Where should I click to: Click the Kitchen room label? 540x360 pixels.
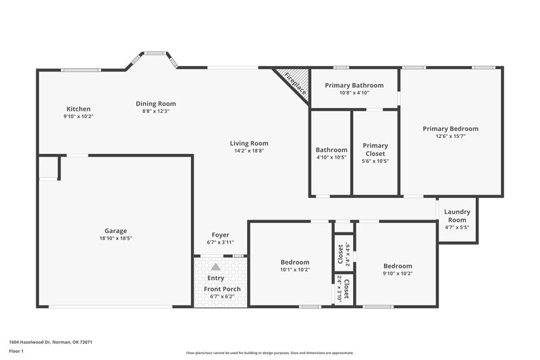pos(78,109)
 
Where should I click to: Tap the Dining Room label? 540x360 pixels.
pos(156,103)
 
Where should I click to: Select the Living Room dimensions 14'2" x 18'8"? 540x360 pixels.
pos(249,151)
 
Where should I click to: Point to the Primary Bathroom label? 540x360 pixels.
pos(354,85)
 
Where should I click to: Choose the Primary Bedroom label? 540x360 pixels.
pos(450,128)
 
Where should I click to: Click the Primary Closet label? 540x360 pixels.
pos(375,149)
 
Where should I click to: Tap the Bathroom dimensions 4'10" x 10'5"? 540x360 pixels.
pos(331,157)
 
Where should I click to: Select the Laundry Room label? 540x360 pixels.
pos(457,215)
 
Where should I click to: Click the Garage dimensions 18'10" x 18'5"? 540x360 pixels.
pos(115,238)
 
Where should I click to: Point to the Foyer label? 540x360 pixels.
pos(221,235)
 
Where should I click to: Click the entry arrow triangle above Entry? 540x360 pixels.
pos(216,267)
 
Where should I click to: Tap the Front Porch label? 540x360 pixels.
pos(222,289)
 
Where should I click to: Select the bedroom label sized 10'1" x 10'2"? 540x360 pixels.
pos(295,262)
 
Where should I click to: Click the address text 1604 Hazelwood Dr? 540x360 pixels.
pos(51,342)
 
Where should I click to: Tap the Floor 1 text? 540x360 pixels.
pos(16,352)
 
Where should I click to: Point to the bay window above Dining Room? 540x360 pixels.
pos(156,53)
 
